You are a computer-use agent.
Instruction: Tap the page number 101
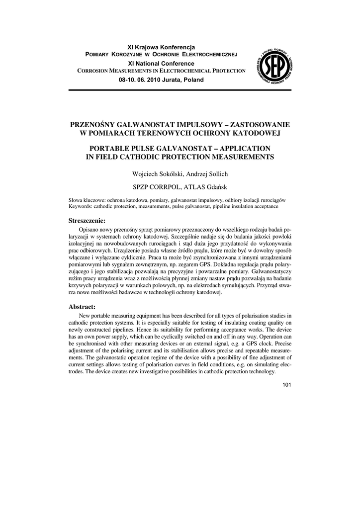pyautogui.click(x=286, y=385)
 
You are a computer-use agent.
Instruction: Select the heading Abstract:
pyautogui.click(x=82, y=307)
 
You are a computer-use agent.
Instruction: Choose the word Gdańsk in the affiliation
pyautogui.click(x=215, y=187)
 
